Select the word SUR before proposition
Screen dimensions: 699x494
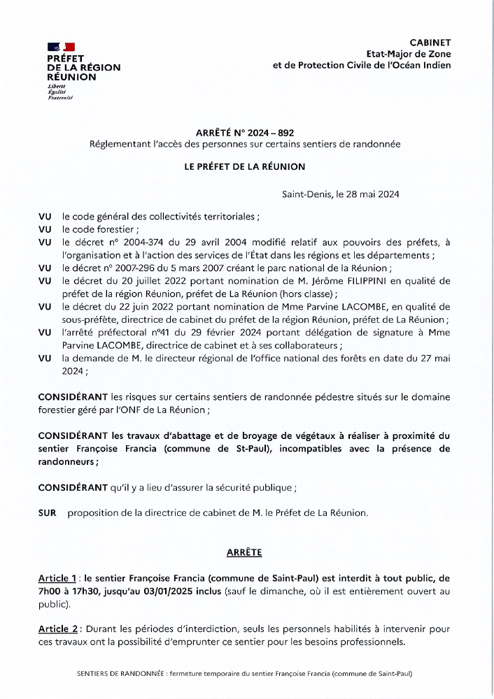pos(48,513)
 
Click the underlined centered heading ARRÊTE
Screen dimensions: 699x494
pos(244,552)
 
